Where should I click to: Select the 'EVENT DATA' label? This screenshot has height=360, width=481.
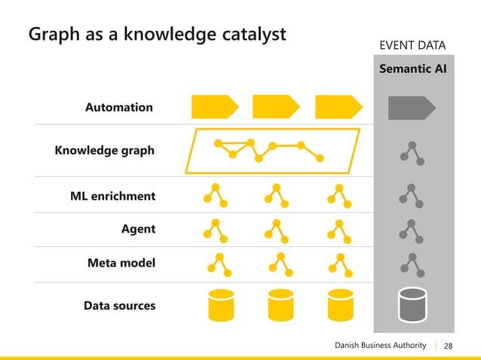[x=412, y=47]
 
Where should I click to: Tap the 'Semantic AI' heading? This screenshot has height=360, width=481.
[x=412, y=70]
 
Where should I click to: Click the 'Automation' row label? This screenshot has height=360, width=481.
[x=119, y=107]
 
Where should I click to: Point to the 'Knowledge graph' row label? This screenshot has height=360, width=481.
[x=104, y=150]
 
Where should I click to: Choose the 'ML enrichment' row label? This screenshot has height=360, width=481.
[x=112, y=197]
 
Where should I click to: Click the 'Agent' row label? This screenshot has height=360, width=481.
[x=138, y=229]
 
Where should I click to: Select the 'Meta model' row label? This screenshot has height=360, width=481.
[x=121, y=264]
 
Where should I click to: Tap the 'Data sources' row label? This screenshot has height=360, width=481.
[x=119, y=306]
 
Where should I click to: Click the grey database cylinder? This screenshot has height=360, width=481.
[x=412, y=304]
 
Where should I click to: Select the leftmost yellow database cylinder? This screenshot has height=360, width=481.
[x=219, y=304]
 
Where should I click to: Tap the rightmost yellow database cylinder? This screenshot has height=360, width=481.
[x=341, y=304]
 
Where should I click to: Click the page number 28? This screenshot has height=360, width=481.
[x=449, y=346]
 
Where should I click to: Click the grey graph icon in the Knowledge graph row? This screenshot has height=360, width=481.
[x=412, y=152]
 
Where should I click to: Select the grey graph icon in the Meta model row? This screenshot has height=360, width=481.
[x=412, y=264]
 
